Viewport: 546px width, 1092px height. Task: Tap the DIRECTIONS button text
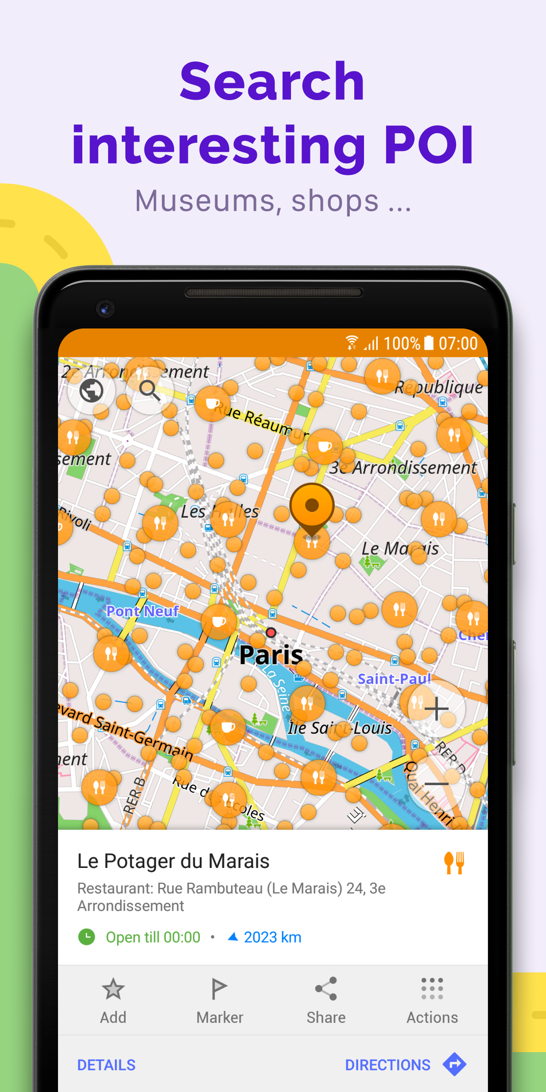(x=387, y=1065)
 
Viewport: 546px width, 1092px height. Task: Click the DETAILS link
(x=106, y=1065)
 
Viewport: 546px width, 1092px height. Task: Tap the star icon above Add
(x=113, y=989)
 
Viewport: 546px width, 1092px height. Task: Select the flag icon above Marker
(x=219, y=989)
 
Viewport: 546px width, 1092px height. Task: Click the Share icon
(x=326, y=989)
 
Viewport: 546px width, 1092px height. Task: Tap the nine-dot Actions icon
(x=432, y=989)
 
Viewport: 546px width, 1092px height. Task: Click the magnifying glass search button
(x=149, y=391)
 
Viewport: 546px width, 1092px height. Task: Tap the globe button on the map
(x=92, y=391)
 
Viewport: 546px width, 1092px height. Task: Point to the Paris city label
(x=271, y=654)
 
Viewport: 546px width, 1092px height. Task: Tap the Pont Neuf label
(x=143, y=611)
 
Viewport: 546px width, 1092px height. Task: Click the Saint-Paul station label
(x=394, y=678)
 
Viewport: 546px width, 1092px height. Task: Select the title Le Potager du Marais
(x=173, y=861)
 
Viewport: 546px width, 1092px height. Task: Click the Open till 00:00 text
(x=153, y=937)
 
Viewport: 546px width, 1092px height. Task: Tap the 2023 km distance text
(x=272, y=937)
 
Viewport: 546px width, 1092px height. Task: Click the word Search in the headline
(x=272, y=82)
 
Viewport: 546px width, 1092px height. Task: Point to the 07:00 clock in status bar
(x=458, y=344)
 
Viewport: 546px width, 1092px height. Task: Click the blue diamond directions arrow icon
(x=454, y=1064)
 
